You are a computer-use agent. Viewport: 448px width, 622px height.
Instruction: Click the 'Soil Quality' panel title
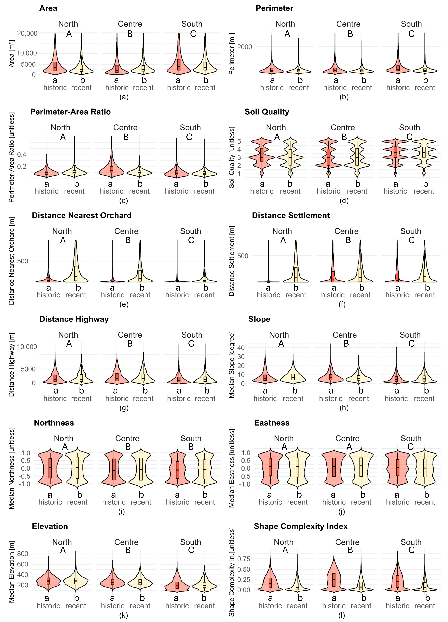[267, 112]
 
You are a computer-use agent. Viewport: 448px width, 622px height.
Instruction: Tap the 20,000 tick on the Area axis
[27, 33]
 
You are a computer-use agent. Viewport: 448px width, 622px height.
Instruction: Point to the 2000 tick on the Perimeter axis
[245, 47]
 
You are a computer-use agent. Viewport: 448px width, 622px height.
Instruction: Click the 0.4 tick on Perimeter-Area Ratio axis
[22, 154]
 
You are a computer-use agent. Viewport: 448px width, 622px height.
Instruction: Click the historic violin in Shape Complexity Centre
[334, 579]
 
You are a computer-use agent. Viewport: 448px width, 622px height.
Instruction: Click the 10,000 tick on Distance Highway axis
[27, 347]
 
